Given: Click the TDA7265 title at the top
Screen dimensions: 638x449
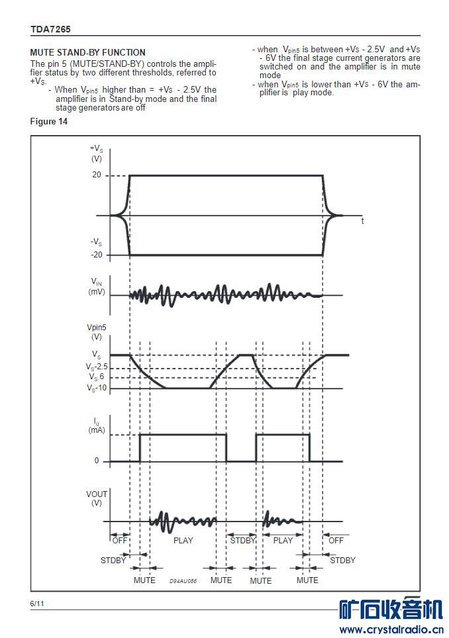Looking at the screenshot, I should pos(50,29).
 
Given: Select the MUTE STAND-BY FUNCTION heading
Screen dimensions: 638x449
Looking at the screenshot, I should pos(88,52).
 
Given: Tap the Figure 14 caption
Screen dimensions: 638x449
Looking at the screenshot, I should pos(49,121).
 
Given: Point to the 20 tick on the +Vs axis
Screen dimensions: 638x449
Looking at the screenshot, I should pos(96,175).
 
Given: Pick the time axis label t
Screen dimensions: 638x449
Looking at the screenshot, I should pos(362,221).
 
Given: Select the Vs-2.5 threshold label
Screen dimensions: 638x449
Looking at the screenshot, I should pos(96,367).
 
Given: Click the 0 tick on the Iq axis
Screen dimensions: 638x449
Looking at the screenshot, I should pos(97,461).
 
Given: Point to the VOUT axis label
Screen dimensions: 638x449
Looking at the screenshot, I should pos(97,494).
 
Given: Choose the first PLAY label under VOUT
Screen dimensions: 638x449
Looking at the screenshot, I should pos(183,540).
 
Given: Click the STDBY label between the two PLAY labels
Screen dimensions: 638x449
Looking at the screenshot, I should pos(242,540).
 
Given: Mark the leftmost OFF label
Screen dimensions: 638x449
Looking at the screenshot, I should pos(120,540).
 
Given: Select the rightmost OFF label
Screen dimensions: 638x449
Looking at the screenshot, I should pos(336,540).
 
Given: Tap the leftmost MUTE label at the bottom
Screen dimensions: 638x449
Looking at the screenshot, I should pos(144,580).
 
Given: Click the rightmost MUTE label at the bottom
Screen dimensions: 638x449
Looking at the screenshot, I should pos(307,580).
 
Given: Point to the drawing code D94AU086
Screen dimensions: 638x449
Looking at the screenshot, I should pos(183,580).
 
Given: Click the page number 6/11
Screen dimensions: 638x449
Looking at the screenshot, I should pos(37,604).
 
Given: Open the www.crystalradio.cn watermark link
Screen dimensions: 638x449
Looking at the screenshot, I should pos(391,629).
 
